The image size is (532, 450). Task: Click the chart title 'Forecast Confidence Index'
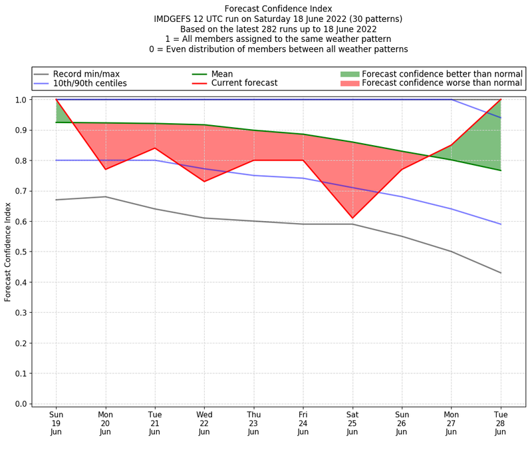tap(278, 9)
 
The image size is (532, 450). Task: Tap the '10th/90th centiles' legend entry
tap(90, 84)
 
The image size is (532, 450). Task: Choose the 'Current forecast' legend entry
tap(244, 84)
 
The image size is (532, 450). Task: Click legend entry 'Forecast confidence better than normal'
tap(442, 74)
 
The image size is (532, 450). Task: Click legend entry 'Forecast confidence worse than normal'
tap(442, 84)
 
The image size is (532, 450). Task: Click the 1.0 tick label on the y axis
tap(21, 100)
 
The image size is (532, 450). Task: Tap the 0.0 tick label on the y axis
tap(21, 404)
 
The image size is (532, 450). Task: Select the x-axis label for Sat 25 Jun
tap(352, 423)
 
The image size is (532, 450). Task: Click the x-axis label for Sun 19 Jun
tap(56, 423)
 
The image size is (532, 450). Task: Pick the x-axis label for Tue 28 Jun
tap(501, 423)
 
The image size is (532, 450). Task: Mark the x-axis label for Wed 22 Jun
tap(204, 423)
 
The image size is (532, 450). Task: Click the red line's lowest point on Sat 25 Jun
tap(352, 218)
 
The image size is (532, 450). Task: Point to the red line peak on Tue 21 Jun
tap(155, 148)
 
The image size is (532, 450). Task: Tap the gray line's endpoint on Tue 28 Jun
tap(501, 273)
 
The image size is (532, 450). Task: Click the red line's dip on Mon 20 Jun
tap(105, 169)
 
